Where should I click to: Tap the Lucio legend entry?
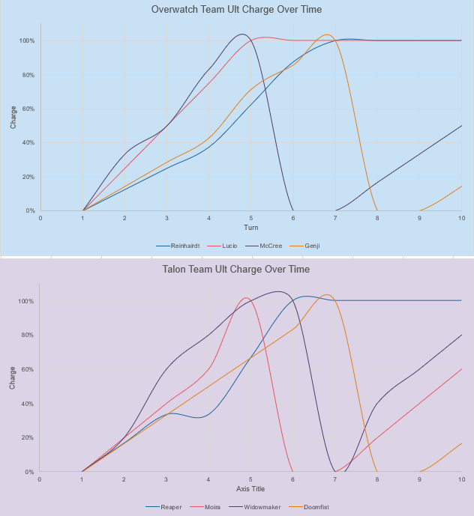(226, 246)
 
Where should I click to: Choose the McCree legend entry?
(265, 246)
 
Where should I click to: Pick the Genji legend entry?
(307, 246)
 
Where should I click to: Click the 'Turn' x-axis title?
(250, 227)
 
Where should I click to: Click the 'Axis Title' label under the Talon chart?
(250, 488)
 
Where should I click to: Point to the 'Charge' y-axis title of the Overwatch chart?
(13, 118)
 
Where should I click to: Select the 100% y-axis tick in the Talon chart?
(27, 301)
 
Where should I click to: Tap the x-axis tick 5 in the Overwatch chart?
(251, 218)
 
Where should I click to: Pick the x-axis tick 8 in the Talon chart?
(376, 479)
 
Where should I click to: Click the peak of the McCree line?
(241, 34)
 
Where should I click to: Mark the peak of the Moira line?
(245, 298)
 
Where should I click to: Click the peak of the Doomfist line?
(327, 295)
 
